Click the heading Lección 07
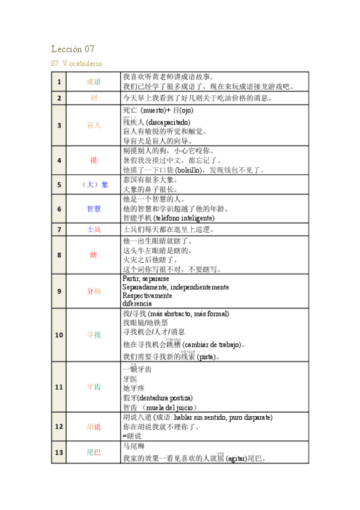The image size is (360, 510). click(73, 49)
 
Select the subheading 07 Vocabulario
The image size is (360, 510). click(76, 63)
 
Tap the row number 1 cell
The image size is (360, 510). click(59, 82)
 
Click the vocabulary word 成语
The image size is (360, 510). click(94, 82)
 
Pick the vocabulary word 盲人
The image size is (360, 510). click(94, 125)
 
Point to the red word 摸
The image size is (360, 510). click(94, 160)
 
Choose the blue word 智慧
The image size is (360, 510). click(94, 208)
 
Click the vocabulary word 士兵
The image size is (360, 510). click(94, 229)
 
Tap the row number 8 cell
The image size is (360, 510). click(59, 254)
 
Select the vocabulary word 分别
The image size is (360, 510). click(94, 291)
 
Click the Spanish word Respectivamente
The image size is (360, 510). click(147, 296)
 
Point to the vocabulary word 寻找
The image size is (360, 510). click(94, 334)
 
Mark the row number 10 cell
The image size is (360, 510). click(59, 334)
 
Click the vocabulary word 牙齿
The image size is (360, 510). click(94, 387)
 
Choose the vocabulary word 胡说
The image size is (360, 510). click(94, 426)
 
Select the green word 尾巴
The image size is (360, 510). click(94, 452)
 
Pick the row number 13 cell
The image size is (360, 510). click(59, 452)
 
